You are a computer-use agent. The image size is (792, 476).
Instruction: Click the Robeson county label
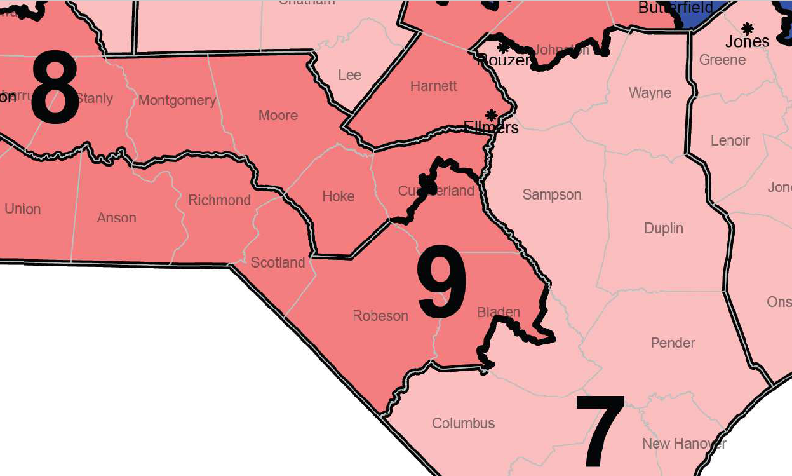pyautogui.click(x=380, y=316)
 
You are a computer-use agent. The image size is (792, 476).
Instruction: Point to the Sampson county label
pyautogui.click(x=551, y=195)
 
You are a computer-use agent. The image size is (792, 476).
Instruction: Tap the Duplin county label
pyautogui.click(x=663, y=228)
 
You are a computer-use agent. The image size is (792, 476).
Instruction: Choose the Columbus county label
pyautogui.click(x=463, y=423)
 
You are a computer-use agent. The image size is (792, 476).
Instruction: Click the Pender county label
pyautogui.click(x=673, y=343)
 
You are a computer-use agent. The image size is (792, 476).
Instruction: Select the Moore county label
pyautogui.click(x=278, y=116)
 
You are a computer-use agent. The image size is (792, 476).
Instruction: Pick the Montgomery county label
pyautogui.click(x=177, y=100)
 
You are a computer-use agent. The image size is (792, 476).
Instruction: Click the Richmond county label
pyautogui.click(x=219, y=200)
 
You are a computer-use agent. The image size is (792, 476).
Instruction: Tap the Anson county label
pyautogui.click(x=116, y=218)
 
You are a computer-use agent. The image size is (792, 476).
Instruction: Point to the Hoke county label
pyautogui.click(x=338, y=196)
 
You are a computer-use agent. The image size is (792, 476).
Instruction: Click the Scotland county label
pyautogui.click(x=278, y=262)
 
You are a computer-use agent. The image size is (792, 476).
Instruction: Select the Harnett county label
pyautogui.click(x=434, y=86)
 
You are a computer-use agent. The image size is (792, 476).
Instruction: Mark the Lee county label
pyautogui.click(x=349, y=75)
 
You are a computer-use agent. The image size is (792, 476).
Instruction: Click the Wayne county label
pyautogui.click(x=650, y=93)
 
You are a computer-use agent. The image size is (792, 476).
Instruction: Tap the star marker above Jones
pyautogui.click(x=748, y=28)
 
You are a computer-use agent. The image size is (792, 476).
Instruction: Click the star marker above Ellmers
pyautogui.click(x=490, y=115)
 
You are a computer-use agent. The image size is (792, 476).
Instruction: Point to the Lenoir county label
pyautogui.click(x=730, y=140)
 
